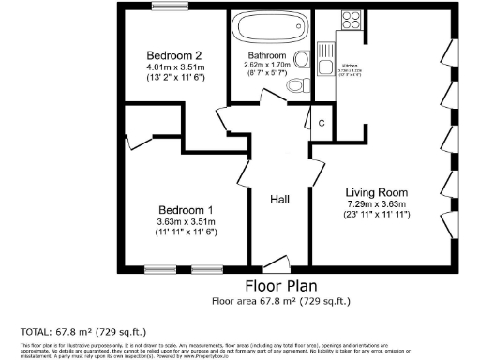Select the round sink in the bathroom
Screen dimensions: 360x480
tap(301, 61)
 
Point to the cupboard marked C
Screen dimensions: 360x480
tap(321, 123)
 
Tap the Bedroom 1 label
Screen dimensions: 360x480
tap(185, 209)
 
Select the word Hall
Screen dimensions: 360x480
tap(280, 201)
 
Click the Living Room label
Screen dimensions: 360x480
tap(376, 190)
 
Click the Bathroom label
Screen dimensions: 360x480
tap(266, 56)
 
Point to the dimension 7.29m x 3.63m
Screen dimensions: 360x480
tap(376, 202)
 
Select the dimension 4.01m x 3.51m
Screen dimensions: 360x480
tap(174, 67)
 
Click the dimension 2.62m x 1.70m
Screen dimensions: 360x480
tap(266, 66)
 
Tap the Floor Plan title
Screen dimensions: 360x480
tap(280, 285)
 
